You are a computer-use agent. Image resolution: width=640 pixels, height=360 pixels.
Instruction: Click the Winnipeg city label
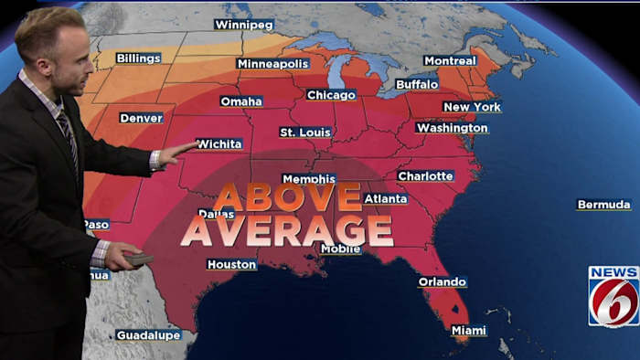click(x=243, y=25)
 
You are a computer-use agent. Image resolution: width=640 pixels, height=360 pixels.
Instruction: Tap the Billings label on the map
click(x=138, y=58)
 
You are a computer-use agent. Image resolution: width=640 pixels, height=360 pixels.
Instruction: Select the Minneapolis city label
click(x=272, y=64)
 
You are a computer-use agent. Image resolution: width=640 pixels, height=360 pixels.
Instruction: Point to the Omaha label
click(x=241, y=101)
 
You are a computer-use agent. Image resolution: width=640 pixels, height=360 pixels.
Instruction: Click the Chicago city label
click(x=331, y=95)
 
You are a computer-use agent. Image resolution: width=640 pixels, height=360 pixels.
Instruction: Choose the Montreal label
click(x=450, y=61)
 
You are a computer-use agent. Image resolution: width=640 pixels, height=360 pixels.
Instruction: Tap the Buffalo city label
click(x=417, y=84)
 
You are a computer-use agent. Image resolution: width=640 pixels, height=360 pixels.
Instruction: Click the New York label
click(x=472, y=107)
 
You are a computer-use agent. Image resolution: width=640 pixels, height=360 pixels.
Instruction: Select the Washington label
click(x=452, y=128)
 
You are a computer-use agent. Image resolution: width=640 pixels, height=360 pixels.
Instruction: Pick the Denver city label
click(x=141, y=118)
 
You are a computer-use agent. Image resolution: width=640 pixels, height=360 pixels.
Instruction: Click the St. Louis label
click(x=305, y=132)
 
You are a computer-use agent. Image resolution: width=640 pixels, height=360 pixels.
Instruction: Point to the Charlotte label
click(x=426, y=175)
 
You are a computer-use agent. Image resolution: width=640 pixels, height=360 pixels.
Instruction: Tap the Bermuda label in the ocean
click(x=603, y=205)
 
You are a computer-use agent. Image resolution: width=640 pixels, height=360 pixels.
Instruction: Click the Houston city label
click(x=231, y=265)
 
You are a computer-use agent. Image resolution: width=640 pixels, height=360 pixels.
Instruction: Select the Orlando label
click(x=443, y=282)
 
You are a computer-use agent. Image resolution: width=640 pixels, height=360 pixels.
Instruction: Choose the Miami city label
click(x=469, y=331)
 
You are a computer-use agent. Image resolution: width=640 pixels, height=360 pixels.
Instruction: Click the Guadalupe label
click(x=148, y=335)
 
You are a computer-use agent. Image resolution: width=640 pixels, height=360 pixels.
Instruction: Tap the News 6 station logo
click(x=613, y=296)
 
